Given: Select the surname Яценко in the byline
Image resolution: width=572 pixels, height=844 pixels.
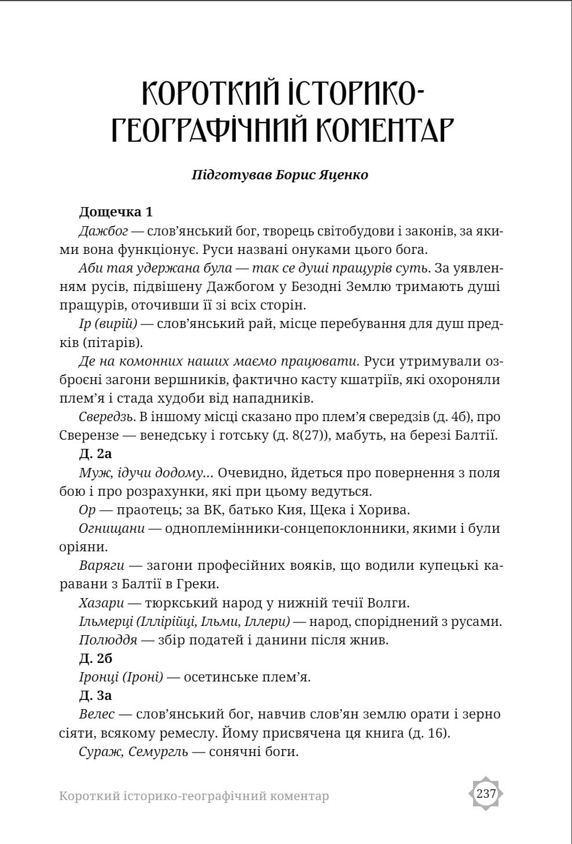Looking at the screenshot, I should point(342,174).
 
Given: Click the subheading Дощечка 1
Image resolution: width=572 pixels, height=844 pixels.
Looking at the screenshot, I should point(115,212).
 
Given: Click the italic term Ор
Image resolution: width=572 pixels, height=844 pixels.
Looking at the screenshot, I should point(87,510).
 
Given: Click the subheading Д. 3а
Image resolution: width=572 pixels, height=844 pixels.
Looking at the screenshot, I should point(95,695).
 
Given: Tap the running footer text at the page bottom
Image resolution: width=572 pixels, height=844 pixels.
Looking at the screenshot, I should point(194,796).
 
